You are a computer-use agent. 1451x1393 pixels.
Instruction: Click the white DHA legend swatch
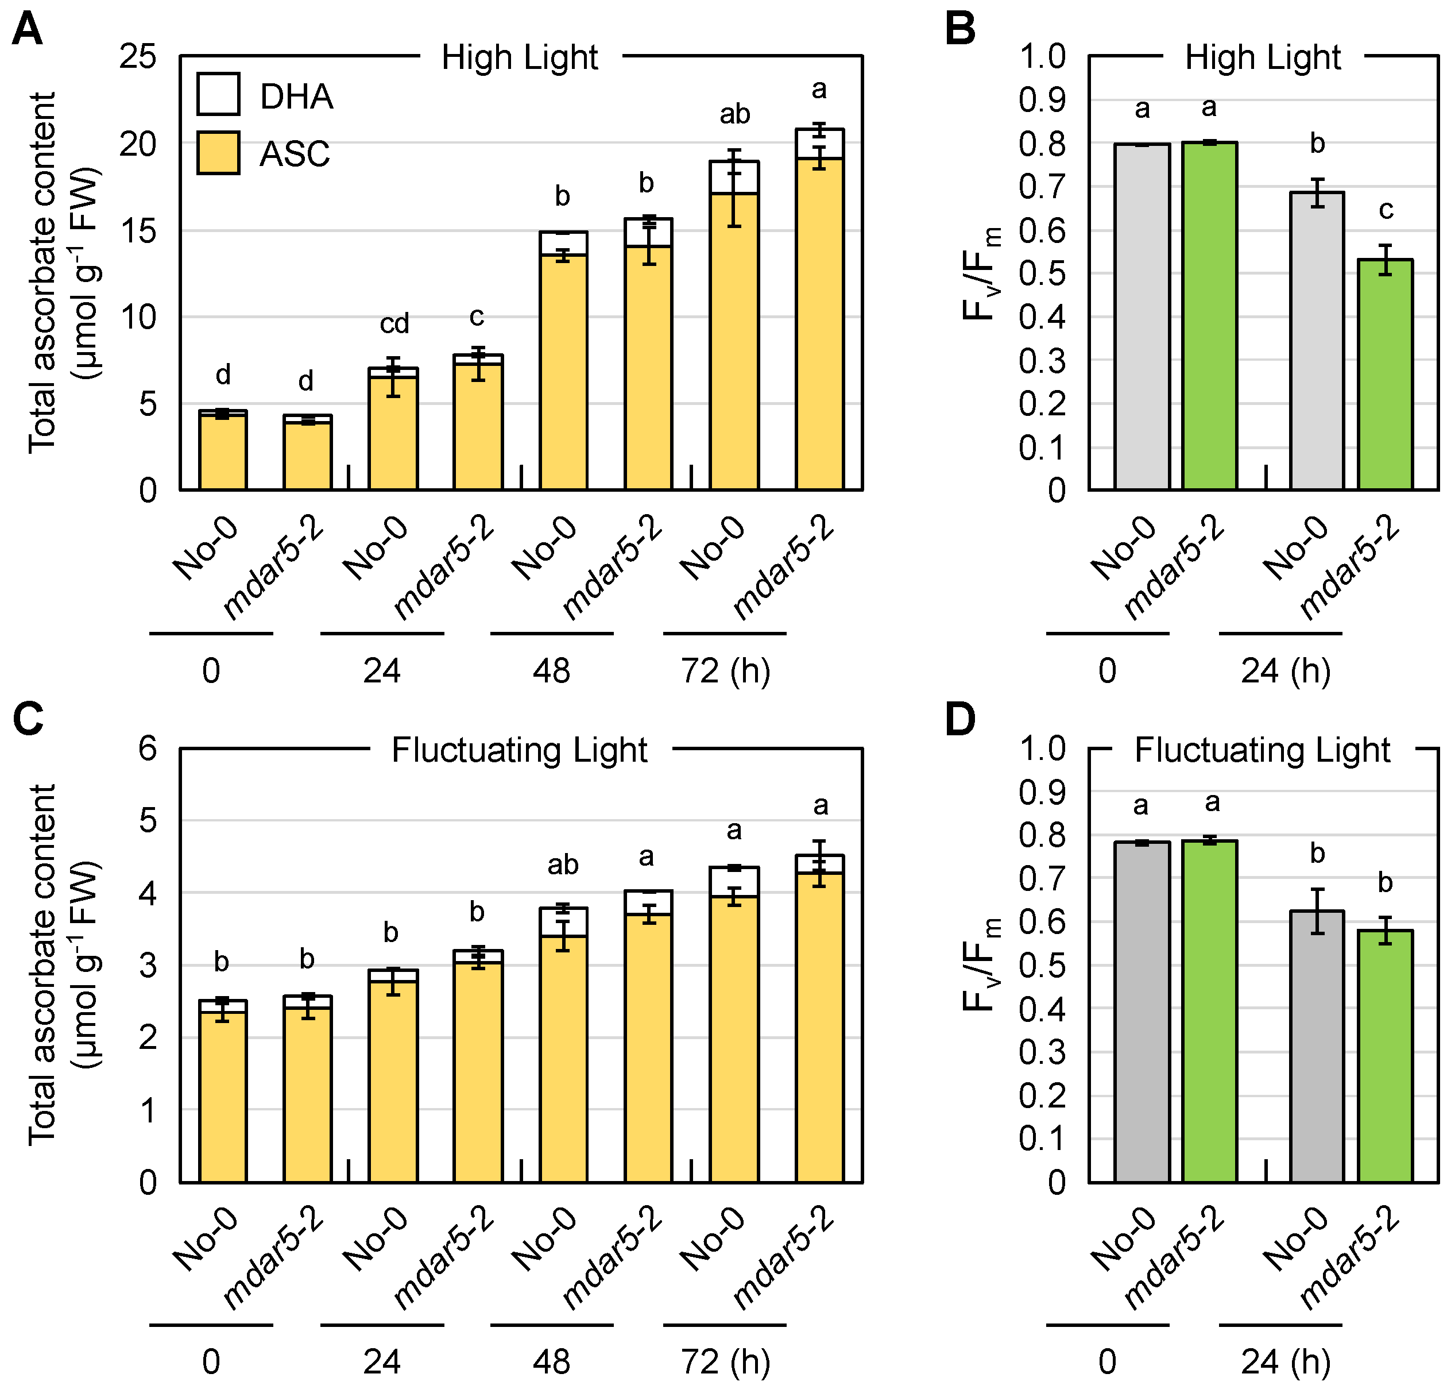218,94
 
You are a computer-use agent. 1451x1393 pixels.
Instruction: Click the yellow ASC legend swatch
218,153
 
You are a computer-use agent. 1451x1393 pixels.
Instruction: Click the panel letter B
960,30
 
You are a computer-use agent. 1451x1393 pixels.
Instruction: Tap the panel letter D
960,720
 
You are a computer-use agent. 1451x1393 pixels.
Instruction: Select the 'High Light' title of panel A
520,58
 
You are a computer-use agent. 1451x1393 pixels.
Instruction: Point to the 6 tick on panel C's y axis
148,748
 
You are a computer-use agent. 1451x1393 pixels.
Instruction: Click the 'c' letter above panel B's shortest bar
1386,210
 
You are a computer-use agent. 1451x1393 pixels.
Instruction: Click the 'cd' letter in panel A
394,323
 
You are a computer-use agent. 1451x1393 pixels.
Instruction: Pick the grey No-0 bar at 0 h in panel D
1142,1012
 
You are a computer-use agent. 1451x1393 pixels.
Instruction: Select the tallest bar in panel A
819,311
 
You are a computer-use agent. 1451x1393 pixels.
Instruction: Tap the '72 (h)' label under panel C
725,1362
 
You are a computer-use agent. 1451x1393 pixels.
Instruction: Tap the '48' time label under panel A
552,671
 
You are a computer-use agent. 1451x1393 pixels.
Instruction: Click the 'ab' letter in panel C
563,865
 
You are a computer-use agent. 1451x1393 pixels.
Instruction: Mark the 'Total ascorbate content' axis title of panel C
63,965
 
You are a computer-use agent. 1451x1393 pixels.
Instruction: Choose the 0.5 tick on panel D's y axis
1042,966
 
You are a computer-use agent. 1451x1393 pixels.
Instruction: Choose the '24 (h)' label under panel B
1285,671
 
